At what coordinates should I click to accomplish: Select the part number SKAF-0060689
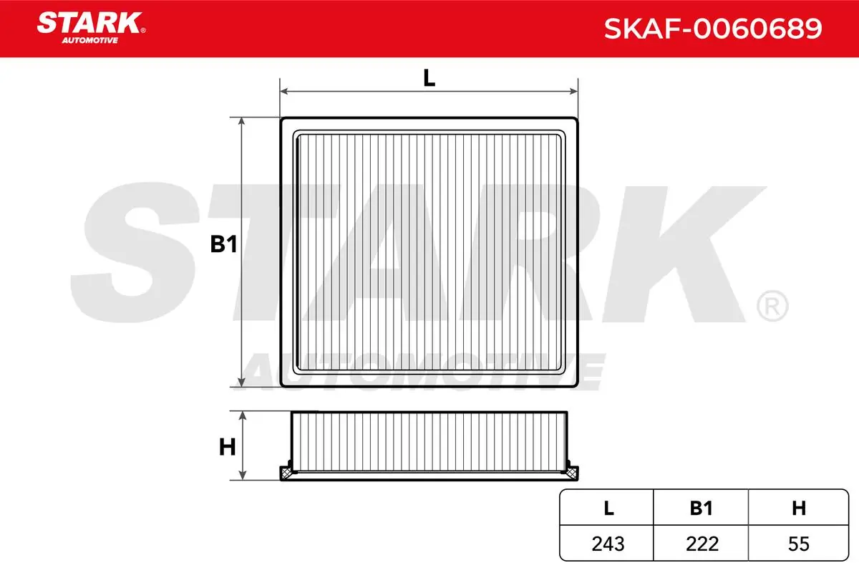713,29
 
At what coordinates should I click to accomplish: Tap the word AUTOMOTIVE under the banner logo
90,40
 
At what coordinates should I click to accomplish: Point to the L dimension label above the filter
429,78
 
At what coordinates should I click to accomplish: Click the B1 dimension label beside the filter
223,244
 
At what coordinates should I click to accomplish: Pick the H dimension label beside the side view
227,447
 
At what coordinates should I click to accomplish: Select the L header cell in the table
608,508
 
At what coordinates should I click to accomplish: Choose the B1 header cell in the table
701,508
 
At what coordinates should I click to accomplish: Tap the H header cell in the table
799,508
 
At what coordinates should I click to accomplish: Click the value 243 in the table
608,544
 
